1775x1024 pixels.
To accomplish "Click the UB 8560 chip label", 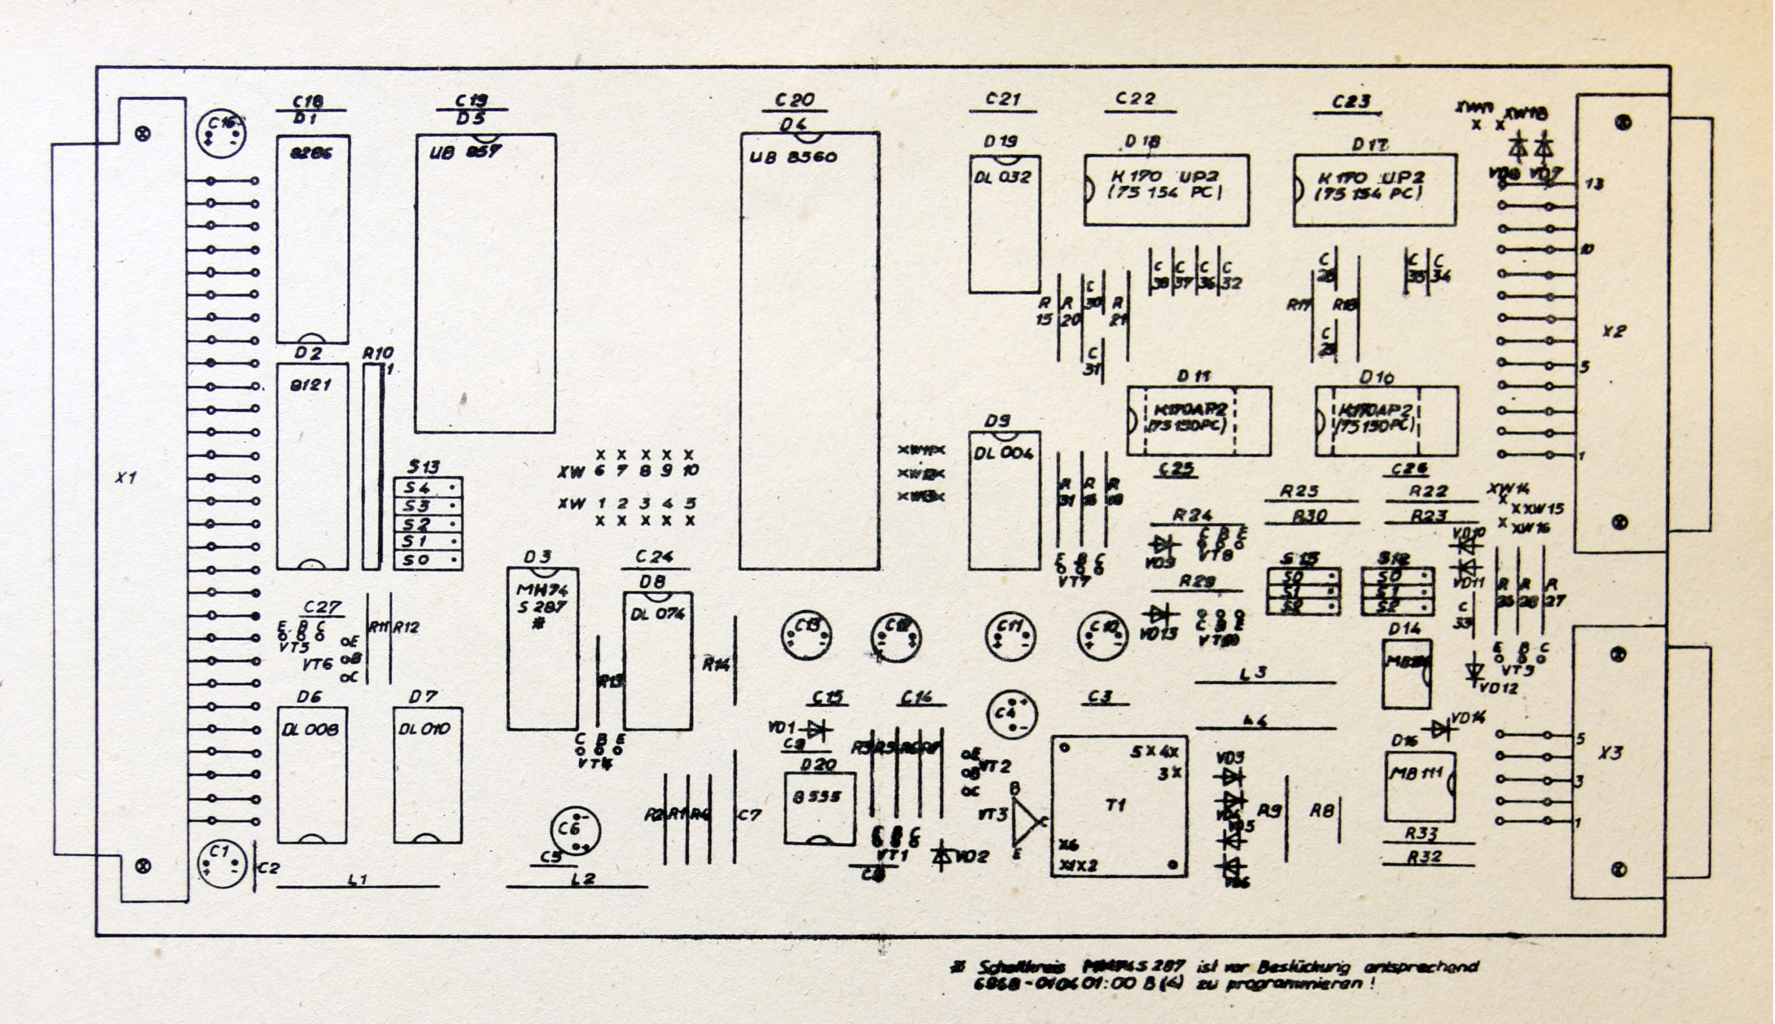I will point(793,156).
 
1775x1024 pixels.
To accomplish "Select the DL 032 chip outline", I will point(1004,223).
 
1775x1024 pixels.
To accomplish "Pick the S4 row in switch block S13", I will point(428,487).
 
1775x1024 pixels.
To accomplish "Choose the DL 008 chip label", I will point(310,729).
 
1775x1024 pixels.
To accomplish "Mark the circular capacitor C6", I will point(575,831).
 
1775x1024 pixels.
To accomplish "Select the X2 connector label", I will point(1613,331).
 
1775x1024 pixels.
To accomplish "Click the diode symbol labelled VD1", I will point(816,730).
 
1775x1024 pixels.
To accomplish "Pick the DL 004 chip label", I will point(1004,454).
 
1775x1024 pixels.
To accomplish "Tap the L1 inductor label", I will point(358,879).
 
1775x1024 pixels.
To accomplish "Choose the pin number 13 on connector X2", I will point(1594,184).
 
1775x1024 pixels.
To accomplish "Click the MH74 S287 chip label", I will point(542,598).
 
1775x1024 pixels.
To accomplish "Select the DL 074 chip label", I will point(657,614).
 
